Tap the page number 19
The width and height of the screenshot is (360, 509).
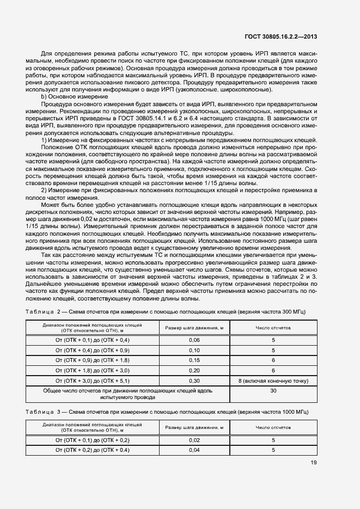point(314,463)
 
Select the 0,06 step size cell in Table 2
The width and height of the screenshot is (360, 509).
point(194,339)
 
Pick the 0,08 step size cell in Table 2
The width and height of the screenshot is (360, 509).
point(194,350)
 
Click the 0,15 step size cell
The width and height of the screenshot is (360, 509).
point(194,360)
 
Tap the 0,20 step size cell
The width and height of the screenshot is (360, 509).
point(194,370)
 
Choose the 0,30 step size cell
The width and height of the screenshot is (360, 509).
point(194,381)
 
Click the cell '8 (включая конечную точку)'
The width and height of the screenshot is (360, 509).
point(273,381)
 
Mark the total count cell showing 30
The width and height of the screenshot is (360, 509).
point(273,391)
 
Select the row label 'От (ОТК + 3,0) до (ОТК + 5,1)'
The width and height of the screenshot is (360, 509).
point(92,381)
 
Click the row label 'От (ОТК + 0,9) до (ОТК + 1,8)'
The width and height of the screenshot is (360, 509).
point(92,360)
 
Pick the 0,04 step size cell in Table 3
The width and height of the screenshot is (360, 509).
point(194,450)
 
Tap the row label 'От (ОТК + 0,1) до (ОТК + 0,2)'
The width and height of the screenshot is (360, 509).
point(92,440)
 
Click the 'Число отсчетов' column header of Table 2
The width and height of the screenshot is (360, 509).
point(273,328)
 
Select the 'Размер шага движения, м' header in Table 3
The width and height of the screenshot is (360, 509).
point(194,428)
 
